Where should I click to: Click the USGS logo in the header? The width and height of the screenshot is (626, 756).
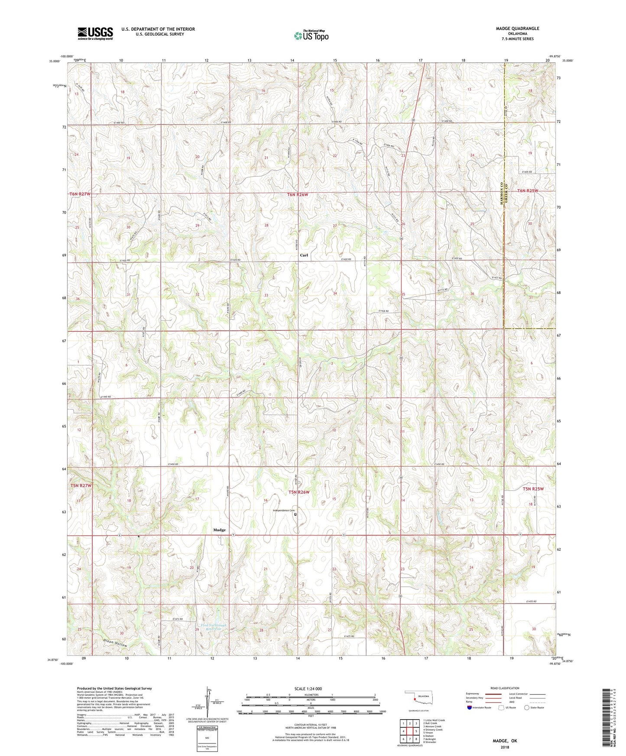[x=95, y=33]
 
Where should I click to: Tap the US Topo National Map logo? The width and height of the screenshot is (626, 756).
[x=311, y=36]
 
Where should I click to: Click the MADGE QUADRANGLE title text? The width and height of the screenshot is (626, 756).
[x=517, y=29]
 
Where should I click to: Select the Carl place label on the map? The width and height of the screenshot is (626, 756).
[x=304, y=255]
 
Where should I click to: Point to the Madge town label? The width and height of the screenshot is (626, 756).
[x=219, y=530]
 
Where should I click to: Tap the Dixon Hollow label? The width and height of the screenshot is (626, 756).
[x=116, y=643]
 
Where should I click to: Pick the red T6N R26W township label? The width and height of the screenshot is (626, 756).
[x=298, y=195]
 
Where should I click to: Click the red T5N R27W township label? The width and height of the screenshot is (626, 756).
[x=81, y=486]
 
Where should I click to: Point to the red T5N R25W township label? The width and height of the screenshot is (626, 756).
[x=532, y=489]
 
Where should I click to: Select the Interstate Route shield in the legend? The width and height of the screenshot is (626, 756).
[x=470, y=708]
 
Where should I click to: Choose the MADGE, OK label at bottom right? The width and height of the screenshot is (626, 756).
[x=505, y=741]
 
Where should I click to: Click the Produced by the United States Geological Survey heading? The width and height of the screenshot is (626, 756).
[x=114, y=688]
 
